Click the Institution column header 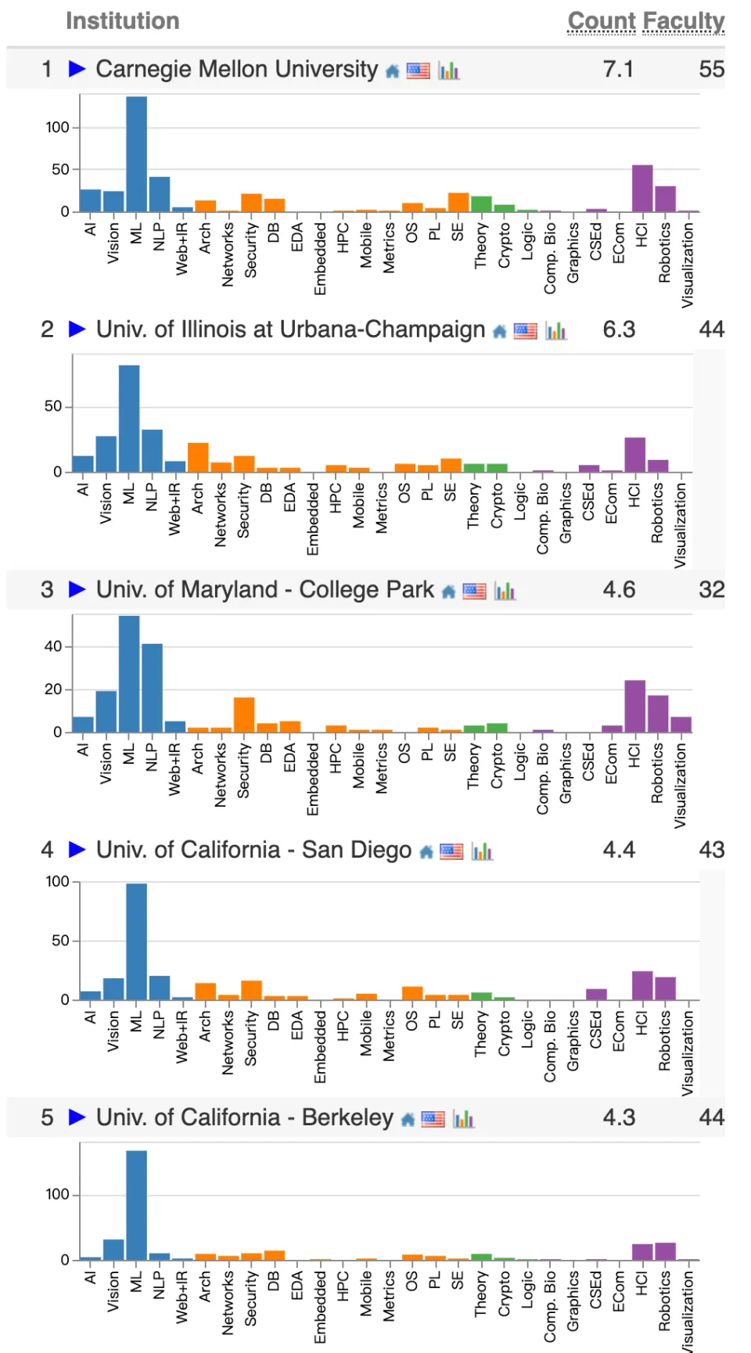pyautogui.click(x=122, y=21)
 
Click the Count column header pyautogui.click(x=601, y=21)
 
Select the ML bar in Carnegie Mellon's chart pyautogui.click(x=136, y=154)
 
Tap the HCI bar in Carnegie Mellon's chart pyautogui.click(x=642, y=189)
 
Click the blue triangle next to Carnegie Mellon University pyautogui.click(x=77, y=69)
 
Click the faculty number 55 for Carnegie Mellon pyautogui.click(x=711, y=69)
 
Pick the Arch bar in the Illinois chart pyautogui.click(x=198, y=458)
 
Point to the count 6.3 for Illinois pyautogui.click(x=619, y=329)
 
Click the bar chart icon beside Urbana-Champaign pyautogui.click(x=556, y=331)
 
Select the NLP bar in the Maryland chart pyautogui.click(x=152, y=688)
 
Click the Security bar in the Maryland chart pyautogui.click(x=244, y=715)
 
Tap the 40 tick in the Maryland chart pyautogui.click(x=52, y=646)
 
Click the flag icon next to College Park pyautogui.click(x=474, y=592)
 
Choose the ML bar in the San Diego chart pyautogui.click(x=136, y=941)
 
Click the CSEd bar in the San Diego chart pyautogui.click(x=596, y=995)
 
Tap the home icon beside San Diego pyautogui.click(x=426, y=852)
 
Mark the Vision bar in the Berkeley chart pyautogui.click(x=113, y=1250)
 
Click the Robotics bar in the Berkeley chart pyautogui.click(x=665, y=1251)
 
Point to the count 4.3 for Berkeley pyautogui.click(x=619, y=1117)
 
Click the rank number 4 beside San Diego pyautogui.click(x=47, y=850)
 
